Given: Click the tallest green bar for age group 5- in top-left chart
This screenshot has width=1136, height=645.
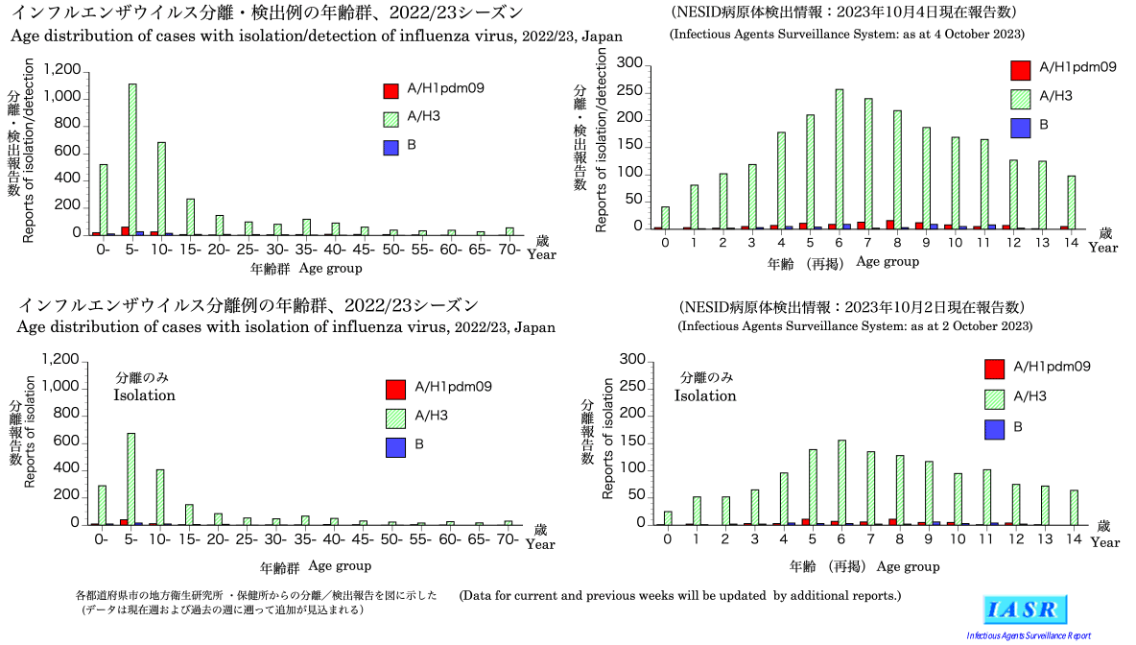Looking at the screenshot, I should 132,158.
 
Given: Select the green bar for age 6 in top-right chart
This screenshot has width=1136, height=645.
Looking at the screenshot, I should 840,158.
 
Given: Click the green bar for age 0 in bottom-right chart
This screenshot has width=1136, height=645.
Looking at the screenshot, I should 668,517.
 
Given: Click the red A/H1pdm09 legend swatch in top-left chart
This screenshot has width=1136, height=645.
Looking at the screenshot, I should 390,90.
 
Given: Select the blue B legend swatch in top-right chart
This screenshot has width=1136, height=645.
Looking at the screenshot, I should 1021,127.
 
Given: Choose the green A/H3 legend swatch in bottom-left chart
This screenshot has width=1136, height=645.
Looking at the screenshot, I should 395,418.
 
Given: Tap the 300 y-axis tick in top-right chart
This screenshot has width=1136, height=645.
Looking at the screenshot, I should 629,63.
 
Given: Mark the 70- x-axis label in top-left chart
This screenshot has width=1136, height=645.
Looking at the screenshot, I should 510,250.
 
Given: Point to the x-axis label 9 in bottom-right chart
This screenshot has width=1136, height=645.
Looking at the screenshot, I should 929,541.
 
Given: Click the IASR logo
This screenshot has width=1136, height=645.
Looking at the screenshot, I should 1026,609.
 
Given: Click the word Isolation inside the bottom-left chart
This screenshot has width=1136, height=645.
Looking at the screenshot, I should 144,394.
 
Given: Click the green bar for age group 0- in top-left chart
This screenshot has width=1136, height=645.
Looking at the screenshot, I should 103,199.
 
